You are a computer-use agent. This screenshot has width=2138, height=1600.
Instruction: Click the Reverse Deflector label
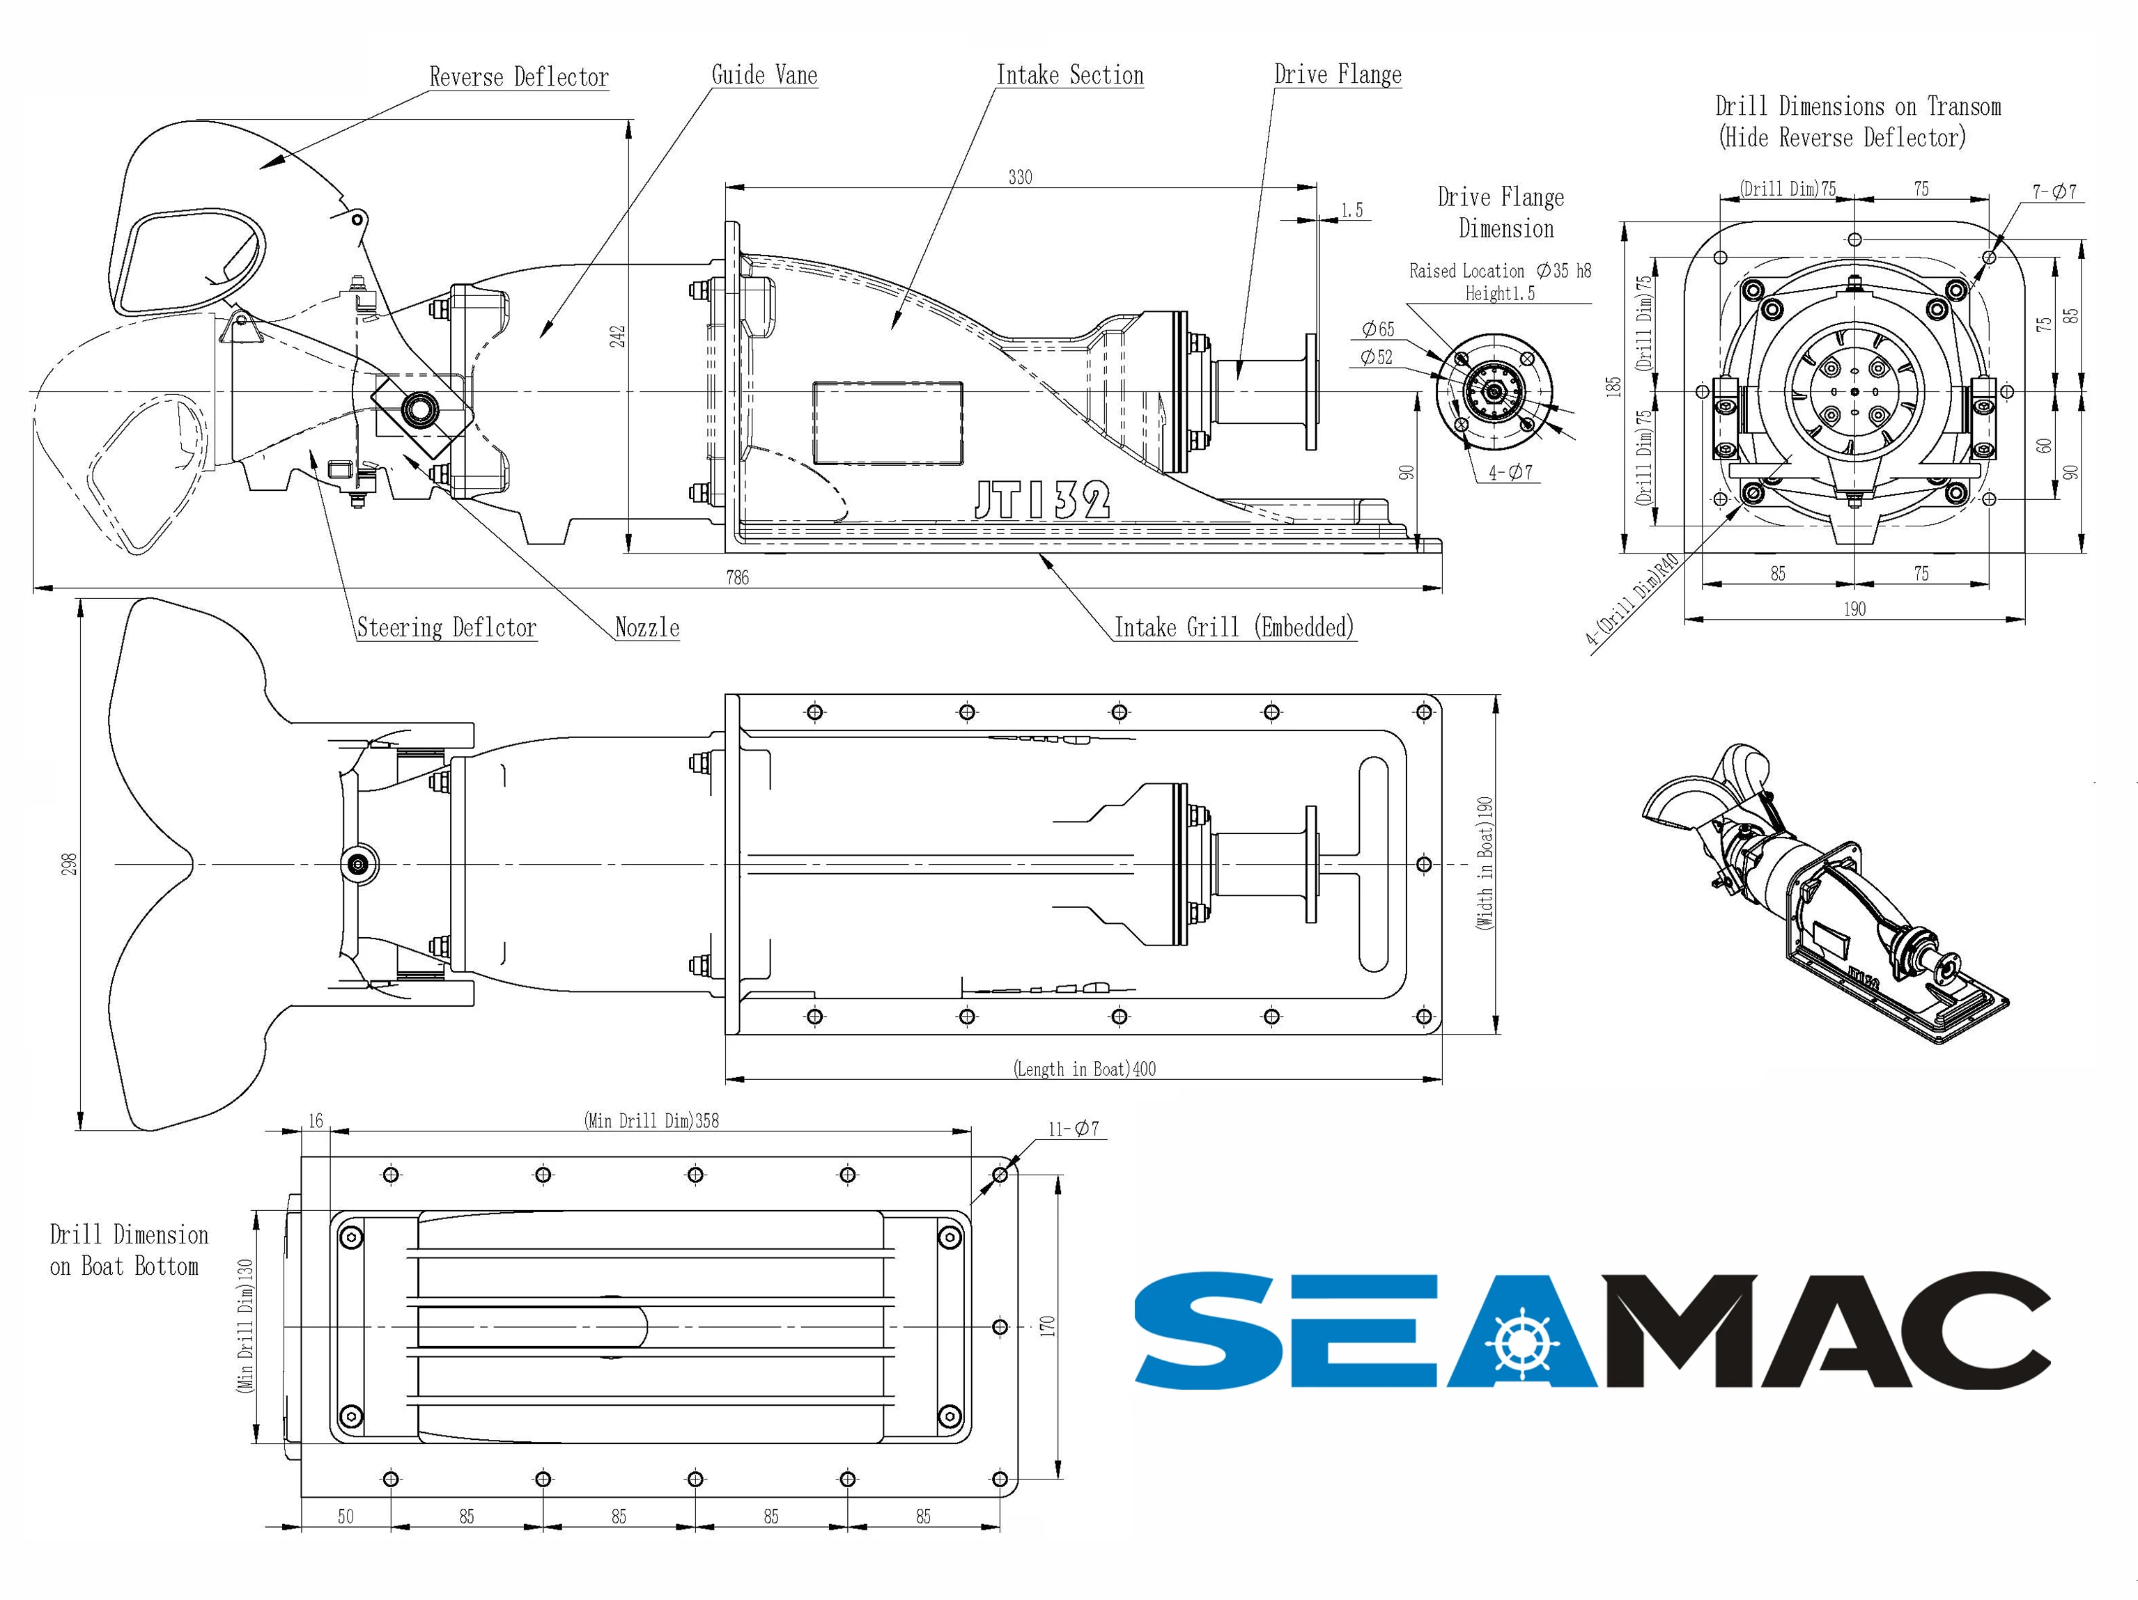tap(519, 77)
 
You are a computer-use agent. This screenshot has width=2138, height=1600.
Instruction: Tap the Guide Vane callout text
tap(764, 75)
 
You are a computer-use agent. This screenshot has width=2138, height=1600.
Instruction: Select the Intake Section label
tap(1070, 75)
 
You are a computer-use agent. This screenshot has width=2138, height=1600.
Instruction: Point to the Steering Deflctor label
tap(447, 628)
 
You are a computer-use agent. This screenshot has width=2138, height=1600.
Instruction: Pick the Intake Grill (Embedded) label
tap(1234, 628)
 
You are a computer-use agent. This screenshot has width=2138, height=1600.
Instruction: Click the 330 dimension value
tap(1021, 177)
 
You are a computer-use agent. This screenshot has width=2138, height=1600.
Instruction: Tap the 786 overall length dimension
tap(738, 578)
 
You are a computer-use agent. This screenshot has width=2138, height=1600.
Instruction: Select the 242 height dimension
tap(619, 336)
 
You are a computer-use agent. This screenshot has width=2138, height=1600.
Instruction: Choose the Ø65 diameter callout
tap(1378, 329)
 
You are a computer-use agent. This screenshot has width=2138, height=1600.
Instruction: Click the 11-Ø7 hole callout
tap(1074, 1129)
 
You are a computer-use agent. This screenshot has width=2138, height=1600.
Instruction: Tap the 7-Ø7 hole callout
tap(2054, 191)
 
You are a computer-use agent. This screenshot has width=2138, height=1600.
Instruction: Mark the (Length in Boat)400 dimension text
tap(1085, 1069)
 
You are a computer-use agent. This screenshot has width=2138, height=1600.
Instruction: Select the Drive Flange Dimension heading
tap(1501, 212)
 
